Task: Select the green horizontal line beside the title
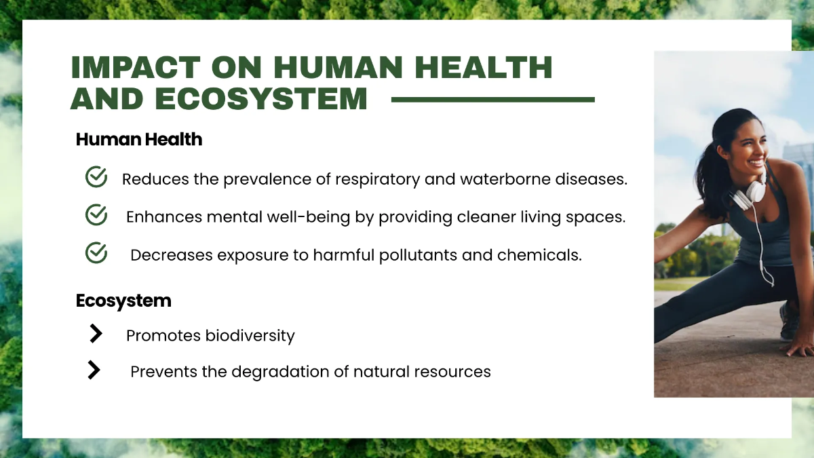click(493, 100)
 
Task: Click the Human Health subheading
click(139, 140)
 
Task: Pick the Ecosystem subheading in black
click(123, 301)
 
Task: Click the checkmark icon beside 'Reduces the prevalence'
click(96, 177)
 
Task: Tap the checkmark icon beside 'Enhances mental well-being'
click(96, 215)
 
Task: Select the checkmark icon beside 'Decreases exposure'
click(96, 253)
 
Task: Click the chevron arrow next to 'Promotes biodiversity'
click(96, 333)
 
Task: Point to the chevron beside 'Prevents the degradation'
click(94, 370)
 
